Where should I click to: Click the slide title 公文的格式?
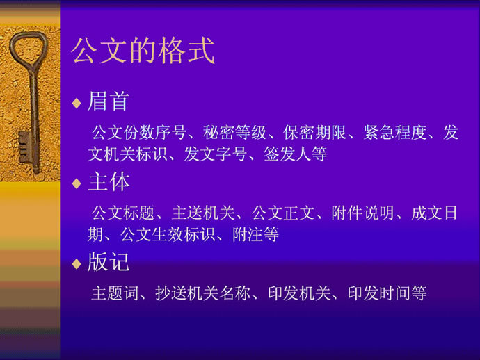pyautogui.click(x=143, y=51)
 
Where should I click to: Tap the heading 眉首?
pyautogui.click(x=108, y=101)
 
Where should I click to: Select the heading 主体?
pyautogui.click(x=109, y=181)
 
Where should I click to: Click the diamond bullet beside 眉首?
pyautogui.click(x=77, y=104)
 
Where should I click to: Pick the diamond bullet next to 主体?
pyautogui.click(x=77, y=184)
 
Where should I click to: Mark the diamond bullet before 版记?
pyautogui.click(x=77, y=264)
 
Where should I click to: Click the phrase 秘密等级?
pyautogui.click(x=234, y=133)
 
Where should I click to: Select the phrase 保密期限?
pyautogui.click(x=315, y=133)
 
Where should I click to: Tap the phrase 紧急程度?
pyautogui.click(x=395, y=133)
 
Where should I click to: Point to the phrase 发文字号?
pyautogui.click(x=215, y=154)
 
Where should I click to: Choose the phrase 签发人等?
pyautogui.click(x=296, y=154)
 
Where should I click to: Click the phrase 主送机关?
pyautogui.click(x=203, y=213)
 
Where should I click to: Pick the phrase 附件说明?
pyautogui.click(x=362, y=213)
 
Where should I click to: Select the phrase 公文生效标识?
pyautogui.click(x=168, y=234)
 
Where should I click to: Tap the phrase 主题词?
pyautogui.click(x=115, y=293)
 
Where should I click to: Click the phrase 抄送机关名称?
pyautogui.click(x=203, y=293)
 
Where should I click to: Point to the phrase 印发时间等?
pyautogui.click(x=387, y=293)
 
